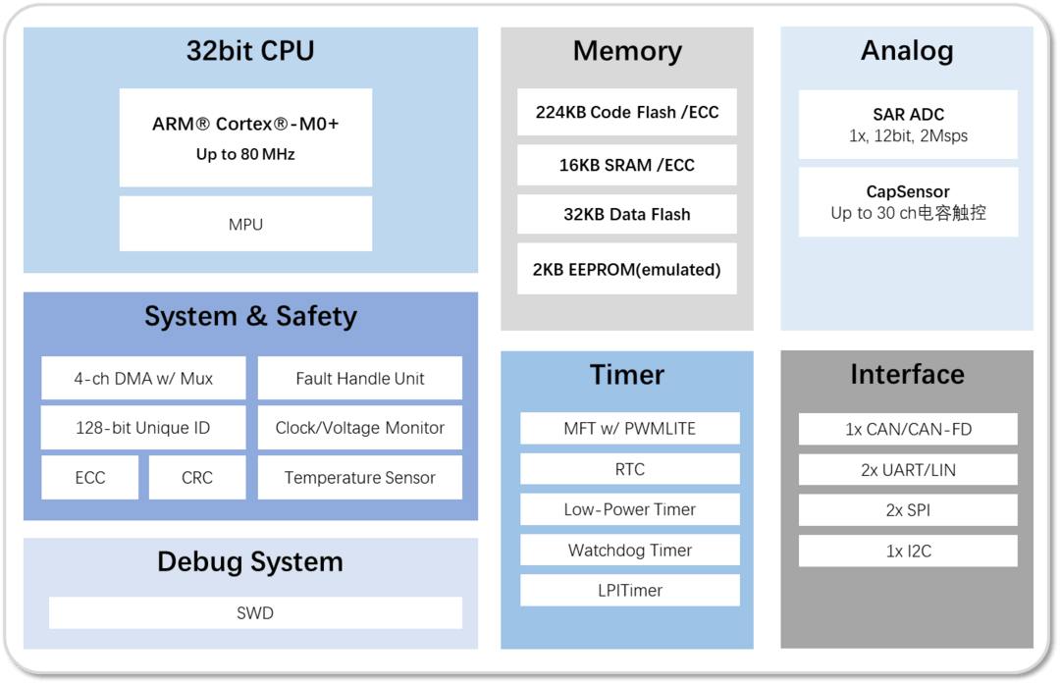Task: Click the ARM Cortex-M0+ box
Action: coord(245,137)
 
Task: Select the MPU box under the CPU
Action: coord(245,224)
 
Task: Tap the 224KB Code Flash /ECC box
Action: coord(627,112)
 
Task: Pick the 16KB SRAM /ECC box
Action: coord(627,165)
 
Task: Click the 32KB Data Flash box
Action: coord(627,214)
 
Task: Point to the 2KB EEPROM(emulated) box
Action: coord(627,269)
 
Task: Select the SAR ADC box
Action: coord(908,125)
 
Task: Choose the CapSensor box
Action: coord(908,202)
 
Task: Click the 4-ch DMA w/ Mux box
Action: coord(143,378)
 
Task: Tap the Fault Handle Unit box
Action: coord(360,378)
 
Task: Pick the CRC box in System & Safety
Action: coord(197,478)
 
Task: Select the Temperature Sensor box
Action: coord(360,478)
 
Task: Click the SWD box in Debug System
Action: coord(255,613)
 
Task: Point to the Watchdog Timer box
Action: coord(630,550)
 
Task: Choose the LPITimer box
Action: coord(630,590)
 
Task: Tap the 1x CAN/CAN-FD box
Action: coord(908,429)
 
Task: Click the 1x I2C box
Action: coord(908,551)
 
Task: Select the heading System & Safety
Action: coord(250,316)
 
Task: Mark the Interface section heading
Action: coord(907,374)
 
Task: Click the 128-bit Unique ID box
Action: coord(143,428)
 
